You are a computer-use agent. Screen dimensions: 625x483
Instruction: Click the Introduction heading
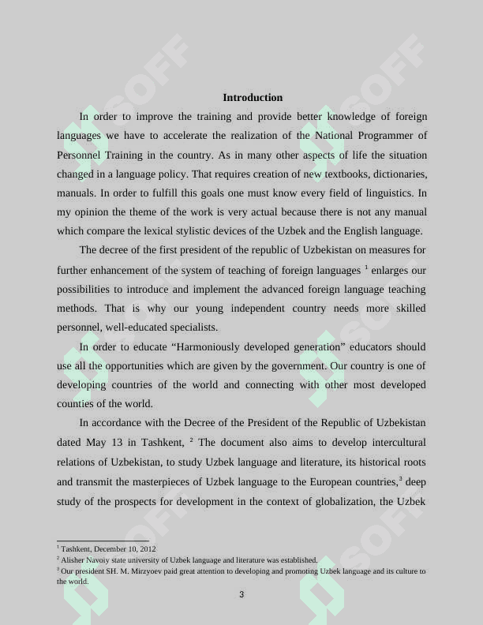pos(253,98)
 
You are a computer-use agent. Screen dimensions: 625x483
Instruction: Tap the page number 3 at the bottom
pos(241,594)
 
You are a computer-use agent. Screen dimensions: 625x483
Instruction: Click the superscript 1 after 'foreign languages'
pos(366,268)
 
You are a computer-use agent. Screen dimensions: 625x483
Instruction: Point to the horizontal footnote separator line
pos(103,541)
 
